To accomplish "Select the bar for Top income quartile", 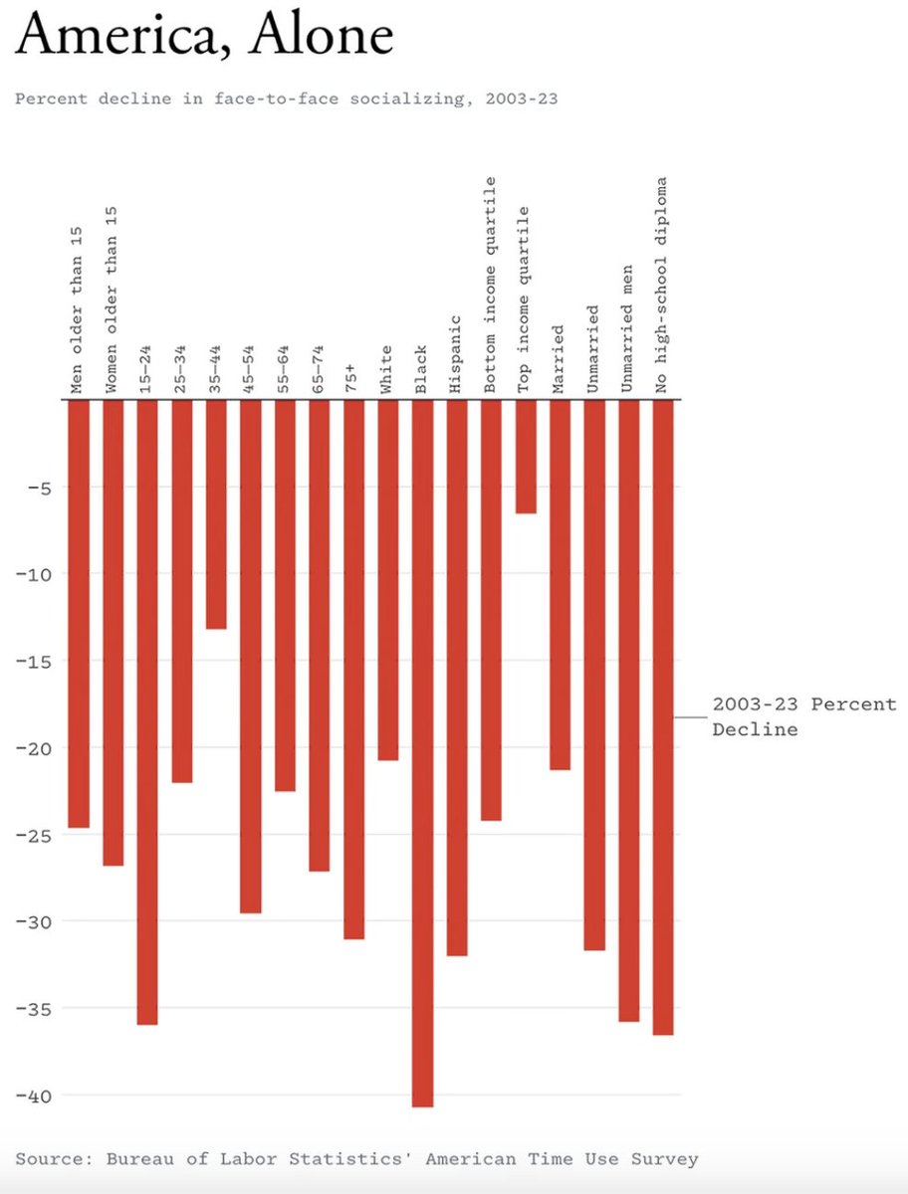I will click(526, 457).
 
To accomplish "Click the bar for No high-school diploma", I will click(663, 716).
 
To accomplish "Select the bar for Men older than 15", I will click(79, 613).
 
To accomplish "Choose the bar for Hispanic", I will click(457, 677).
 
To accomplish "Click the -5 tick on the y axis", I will click(38, 488).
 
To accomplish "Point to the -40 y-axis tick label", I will click(33, 1095).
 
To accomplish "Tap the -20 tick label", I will click(33, 748).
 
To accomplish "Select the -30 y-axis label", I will click(33, 921).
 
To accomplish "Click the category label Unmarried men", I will click(627, 328).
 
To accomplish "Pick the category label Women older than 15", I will click(112, 299).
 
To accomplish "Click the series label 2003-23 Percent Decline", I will click(803, 716).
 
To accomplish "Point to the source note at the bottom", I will click(356, 1159).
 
